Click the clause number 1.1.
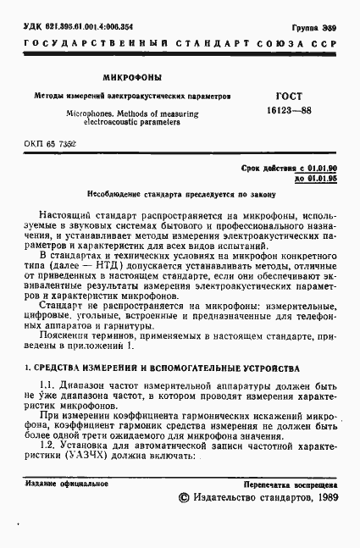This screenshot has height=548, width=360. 50,385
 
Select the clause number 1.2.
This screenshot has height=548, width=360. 50,446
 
